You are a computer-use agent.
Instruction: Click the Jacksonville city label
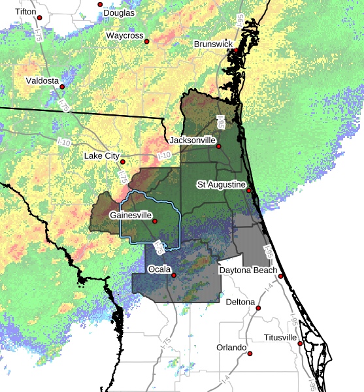192,140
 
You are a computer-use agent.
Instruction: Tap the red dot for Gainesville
155,221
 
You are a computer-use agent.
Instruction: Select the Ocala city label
159,269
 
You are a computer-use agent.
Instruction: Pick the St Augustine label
222,185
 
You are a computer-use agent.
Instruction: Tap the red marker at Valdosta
63,86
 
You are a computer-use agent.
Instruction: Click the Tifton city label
26,11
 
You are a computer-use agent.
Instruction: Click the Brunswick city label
214,44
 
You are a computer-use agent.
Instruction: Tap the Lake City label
102,155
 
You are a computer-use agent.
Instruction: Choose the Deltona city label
240,302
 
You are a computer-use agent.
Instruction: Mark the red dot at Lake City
123,161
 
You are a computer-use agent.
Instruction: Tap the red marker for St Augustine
249,190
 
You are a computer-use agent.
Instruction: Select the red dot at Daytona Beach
280,276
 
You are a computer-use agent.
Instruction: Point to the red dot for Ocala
174,275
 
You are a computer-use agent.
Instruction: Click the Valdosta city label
42,80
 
